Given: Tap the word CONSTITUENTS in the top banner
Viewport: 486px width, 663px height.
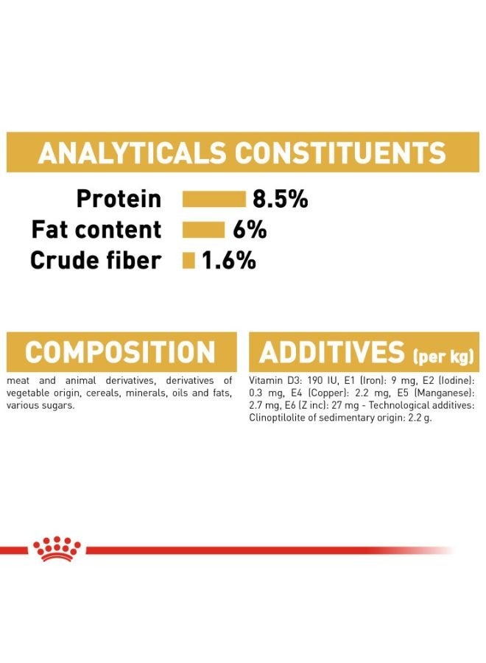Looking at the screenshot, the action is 340,152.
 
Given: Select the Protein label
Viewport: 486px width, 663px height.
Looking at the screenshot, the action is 119,199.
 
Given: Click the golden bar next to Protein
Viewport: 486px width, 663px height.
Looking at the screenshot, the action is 214,199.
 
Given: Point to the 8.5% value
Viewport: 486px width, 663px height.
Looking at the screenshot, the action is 281,199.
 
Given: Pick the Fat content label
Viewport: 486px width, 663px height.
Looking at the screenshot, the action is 96,230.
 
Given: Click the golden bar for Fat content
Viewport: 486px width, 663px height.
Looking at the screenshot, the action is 204,230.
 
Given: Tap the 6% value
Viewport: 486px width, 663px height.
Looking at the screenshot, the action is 250,230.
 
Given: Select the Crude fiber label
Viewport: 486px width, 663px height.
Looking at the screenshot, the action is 96,260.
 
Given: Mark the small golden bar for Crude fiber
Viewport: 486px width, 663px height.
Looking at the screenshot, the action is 189,261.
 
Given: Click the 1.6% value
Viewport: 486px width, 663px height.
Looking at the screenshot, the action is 228,260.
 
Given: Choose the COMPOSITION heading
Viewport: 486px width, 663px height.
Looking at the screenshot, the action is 120,352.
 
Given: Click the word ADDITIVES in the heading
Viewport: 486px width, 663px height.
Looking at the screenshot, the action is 332,352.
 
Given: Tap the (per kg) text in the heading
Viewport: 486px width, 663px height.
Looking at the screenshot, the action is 443,357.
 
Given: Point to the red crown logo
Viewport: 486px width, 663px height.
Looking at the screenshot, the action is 57,548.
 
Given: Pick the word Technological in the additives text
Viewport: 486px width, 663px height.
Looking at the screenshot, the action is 395,405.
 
